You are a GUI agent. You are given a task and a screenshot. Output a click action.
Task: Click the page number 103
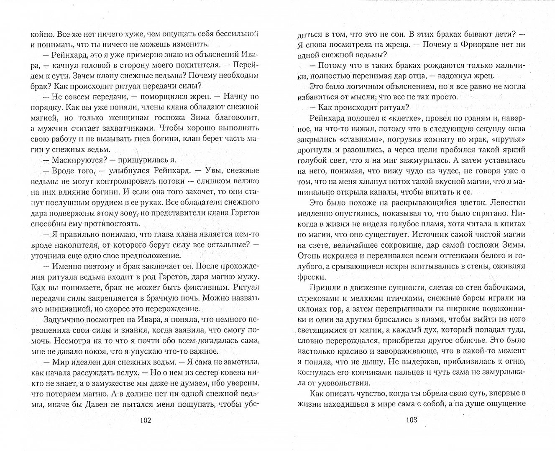[x=412, y=420]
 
